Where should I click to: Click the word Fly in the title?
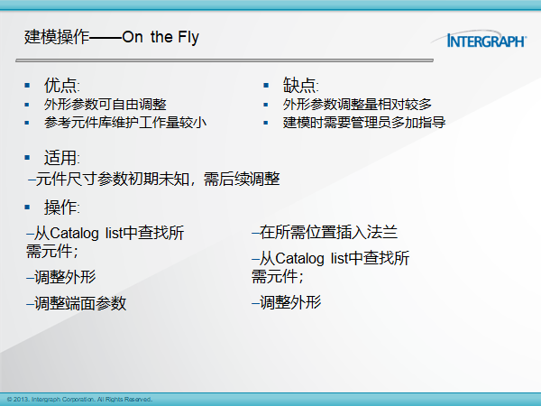coord(188,37)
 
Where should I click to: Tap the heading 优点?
coord(61,85)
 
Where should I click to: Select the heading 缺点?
coord(300,85)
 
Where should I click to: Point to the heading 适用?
coord(61,158)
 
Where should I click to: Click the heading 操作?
coord(61,208)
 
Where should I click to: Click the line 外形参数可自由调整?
coord(105,105)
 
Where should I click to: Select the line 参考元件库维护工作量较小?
coord(125,123)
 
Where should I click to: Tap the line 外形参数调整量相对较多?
coord(357,105)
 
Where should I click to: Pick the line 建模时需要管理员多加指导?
coord(364,123)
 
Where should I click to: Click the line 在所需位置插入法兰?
coord(325,232)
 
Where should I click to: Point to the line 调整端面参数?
coord(77,303)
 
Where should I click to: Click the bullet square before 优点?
coord(27,86)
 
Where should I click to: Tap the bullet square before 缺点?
coord(266,86)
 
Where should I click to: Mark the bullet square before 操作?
coord(27,208)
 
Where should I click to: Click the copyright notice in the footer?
coord(79,400)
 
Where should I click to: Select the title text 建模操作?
coord(57,37)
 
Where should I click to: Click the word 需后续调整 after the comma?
coord(242,180)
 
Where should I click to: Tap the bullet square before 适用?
coord(27,158)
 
